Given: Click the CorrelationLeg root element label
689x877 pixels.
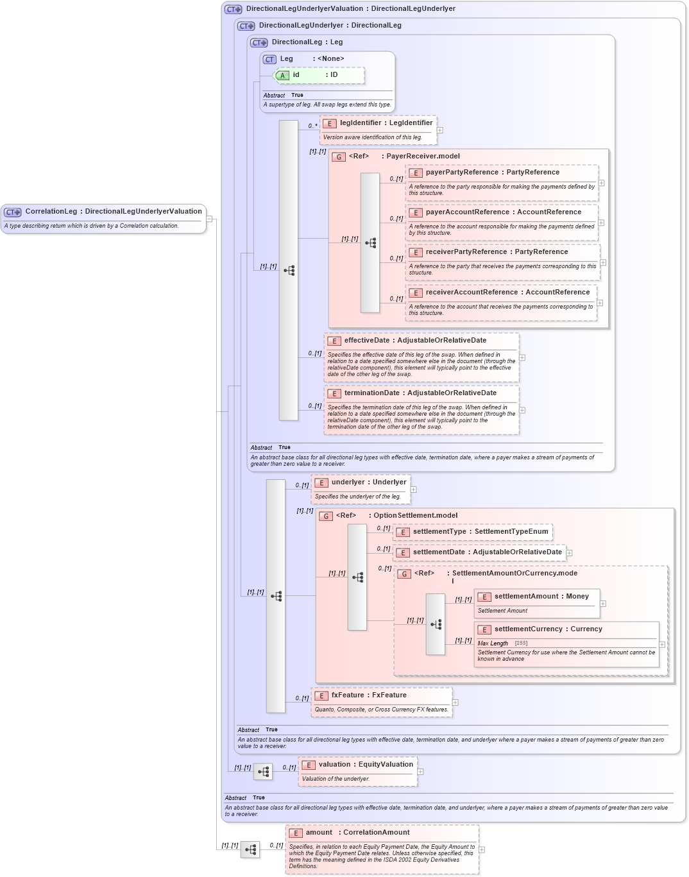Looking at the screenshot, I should tap(113, 211).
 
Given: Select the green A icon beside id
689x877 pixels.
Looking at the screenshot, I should tap(282, 76).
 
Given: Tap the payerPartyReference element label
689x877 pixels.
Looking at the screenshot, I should tap(492, 172).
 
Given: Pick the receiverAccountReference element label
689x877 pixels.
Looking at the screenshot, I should tap(507, 292).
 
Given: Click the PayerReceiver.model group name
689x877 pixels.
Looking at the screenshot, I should tap(423, 156).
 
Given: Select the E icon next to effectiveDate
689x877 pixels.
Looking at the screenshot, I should tap(334, 341).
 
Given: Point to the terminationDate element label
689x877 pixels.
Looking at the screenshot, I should tap(420, 393).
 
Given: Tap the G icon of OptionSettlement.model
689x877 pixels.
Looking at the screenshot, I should tap(326, 516).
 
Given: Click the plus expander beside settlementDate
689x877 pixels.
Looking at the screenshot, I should tap(569, 552).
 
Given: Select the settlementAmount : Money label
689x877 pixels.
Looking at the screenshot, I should tap(541, 596).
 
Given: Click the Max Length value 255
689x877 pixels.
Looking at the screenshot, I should tap(521, 643).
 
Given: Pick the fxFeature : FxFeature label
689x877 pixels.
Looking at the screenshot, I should tap(368, 695).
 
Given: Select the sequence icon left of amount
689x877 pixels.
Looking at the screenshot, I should tap(250, 849).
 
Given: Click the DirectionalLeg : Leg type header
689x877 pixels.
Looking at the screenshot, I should tap(307, 42).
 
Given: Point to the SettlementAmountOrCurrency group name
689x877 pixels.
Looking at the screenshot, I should tap(514, 573).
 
